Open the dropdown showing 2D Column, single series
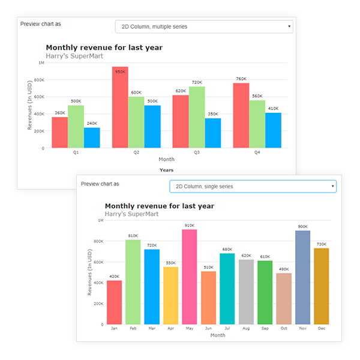(252, 187)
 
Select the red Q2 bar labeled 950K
(120, 108)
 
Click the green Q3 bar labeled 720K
(197, 118)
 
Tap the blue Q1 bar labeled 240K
(92, 138)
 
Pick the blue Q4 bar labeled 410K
(273, 131)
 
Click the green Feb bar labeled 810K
(133, 282)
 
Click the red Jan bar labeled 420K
(114, 302)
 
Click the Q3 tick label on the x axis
(197, 152)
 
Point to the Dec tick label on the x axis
(321, 329)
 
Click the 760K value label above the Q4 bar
(241, 79)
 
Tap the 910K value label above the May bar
(189, 225)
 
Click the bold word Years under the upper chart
(166, 170)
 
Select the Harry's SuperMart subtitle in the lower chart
(131, 214)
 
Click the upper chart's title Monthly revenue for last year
(104, 47)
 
